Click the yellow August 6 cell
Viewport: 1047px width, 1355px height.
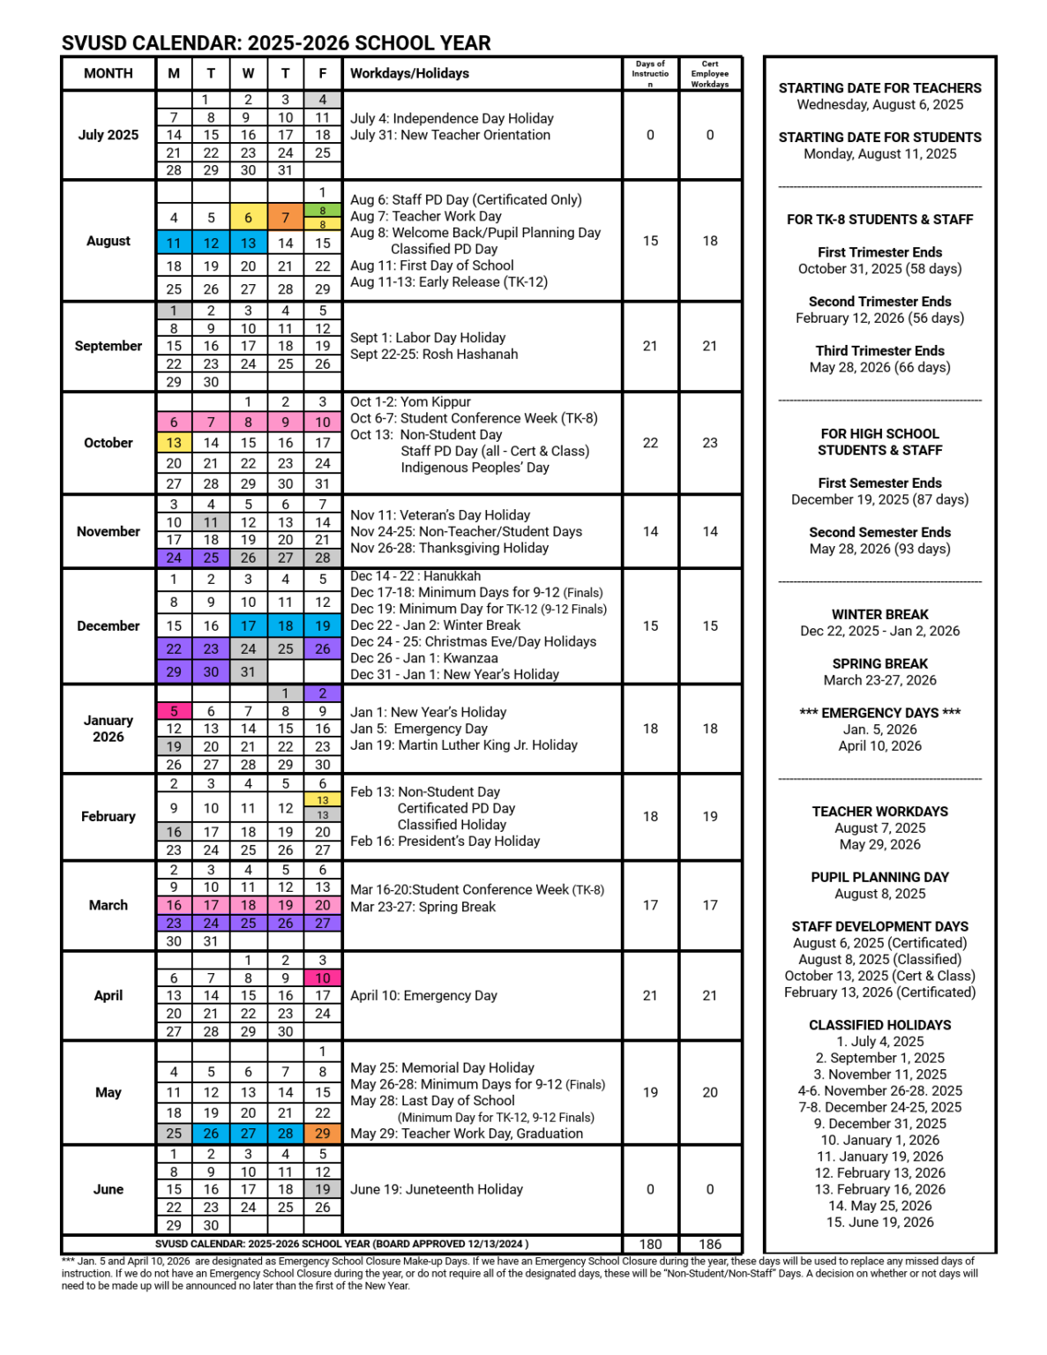(x=249, y=217)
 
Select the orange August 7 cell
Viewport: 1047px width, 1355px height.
(x=285, y=217)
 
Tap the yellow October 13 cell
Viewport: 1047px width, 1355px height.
(x=174, y=443)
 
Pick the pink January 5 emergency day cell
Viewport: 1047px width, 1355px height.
(x=174, y=711)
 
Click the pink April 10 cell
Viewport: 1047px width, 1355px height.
(x=323, y=977)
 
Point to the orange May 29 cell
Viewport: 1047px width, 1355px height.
(x=323, y=1133)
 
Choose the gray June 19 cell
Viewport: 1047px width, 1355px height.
(x=323, y=1189)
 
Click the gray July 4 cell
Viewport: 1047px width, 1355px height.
(x=323, y=100)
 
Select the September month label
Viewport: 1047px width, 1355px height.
(x=108, y=346)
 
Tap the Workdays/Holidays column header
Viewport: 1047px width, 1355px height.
(x=409, y=73)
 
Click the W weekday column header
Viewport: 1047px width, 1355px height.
(x=249, y=73)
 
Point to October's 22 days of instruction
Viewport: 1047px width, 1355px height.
(x=650, y=443)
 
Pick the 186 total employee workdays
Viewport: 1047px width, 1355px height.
(x=710, y=1244)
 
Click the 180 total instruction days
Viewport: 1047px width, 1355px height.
(x=650, y=1244)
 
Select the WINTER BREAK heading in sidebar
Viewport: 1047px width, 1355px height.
(x=879, y=614)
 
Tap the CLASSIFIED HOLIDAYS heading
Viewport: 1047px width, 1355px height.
(x=879, y=1025)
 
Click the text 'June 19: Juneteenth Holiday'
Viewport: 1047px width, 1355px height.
(x=437, y=1189)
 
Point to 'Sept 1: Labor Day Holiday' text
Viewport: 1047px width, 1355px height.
(x=428, y=338)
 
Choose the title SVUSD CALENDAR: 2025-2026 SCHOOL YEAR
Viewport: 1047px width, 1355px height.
(x=276, y=43)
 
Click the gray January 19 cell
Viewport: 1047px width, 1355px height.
(x=174, y=746)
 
